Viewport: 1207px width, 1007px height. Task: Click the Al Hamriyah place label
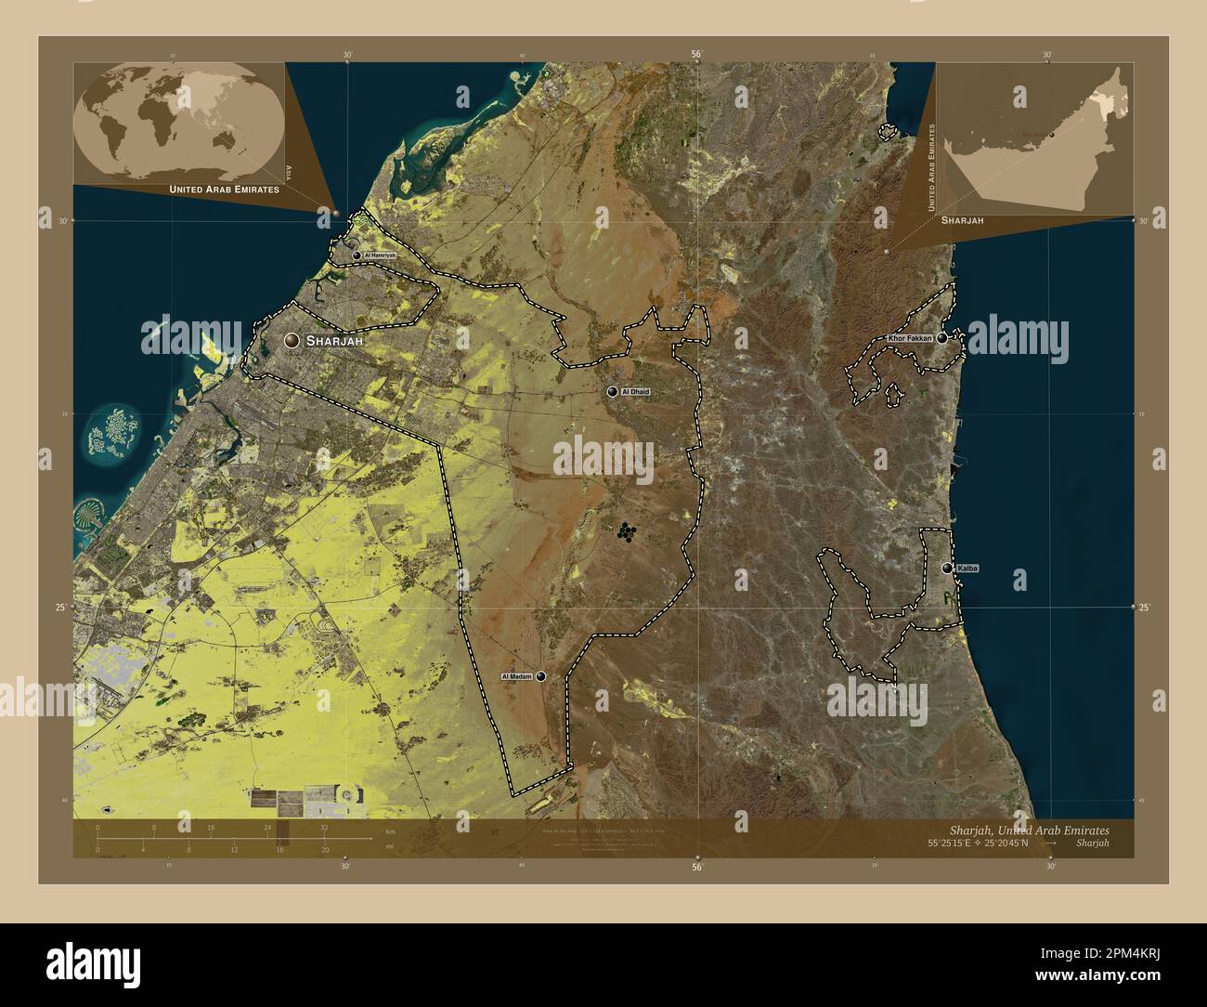click(380, 255)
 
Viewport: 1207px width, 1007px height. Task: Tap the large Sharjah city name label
click(332, 341)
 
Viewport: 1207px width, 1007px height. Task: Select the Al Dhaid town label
click(636, 392)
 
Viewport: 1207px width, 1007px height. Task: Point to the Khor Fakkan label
click(910, 339)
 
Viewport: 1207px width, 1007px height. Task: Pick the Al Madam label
click(516, 677)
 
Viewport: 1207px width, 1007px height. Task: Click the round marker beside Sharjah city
click(292, 341)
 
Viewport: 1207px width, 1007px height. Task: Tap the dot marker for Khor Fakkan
click(942, 339)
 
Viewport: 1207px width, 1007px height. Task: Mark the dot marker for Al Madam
click(540, 677)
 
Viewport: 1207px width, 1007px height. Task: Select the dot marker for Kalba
click(947, 568)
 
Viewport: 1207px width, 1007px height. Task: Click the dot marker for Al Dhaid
click(612, 392)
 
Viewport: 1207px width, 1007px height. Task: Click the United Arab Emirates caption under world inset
click(224, 190)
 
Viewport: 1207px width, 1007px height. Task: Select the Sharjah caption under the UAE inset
click(962, 220)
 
